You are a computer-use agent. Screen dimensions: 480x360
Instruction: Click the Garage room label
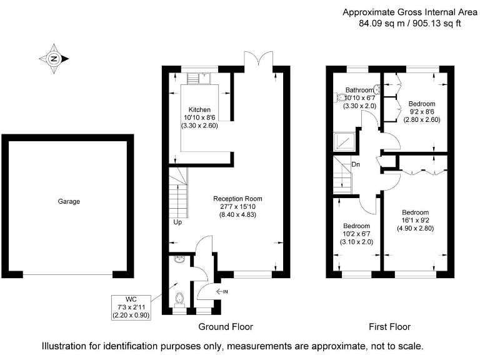(69, 201)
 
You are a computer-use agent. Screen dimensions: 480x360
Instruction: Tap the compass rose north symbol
(54, 59)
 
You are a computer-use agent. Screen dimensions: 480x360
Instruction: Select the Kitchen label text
(199, 109)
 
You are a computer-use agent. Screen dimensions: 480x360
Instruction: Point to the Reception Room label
(237, 199)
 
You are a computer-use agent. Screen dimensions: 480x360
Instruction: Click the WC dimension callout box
(131, 307)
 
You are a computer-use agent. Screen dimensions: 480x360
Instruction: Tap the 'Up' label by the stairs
(177, 222)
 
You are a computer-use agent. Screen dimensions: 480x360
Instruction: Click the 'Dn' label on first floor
(356, 164)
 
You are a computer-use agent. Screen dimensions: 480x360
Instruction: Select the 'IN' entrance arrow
(222, 292)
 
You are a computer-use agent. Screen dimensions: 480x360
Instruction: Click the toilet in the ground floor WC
(179, 299)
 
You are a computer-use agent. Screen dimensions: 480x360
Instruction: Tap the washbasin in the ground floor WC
(179, 259)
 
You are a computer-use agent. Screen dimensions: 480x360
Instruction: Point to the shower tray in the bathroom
(344, 142)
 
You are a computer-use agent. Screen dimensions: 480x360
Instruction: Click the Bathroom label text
(359, 90)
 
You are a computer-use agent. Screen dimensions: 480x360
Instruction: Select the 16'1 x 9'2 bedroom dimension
(416, 220)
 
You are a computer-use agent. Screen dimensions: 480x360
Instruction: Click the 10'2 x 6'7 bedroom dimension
(357, 234)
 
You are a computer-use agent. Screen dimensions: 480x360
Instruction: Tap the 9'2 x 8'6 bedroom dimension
(422, 112)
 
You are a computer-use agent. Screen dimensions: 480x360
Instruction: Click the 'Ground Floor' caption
(226, 327)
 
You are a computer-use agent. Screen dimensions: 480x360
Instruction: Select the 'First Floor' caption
(389, 327)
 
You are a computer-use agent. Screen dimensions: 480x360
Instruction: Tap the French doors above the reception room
(259, 59)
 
